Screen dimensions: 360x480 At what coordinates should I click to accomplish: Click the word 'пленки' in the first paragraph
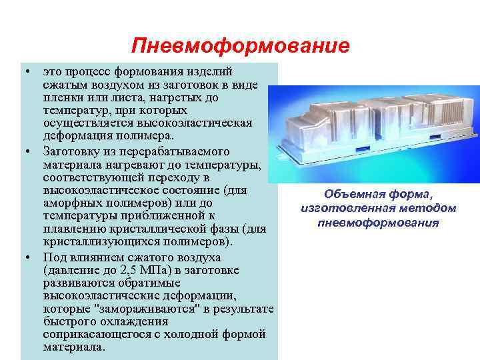tap(61, 97)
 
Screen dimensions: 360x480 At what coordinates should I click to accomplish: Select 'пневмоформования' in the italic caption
tap(378, 222)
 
